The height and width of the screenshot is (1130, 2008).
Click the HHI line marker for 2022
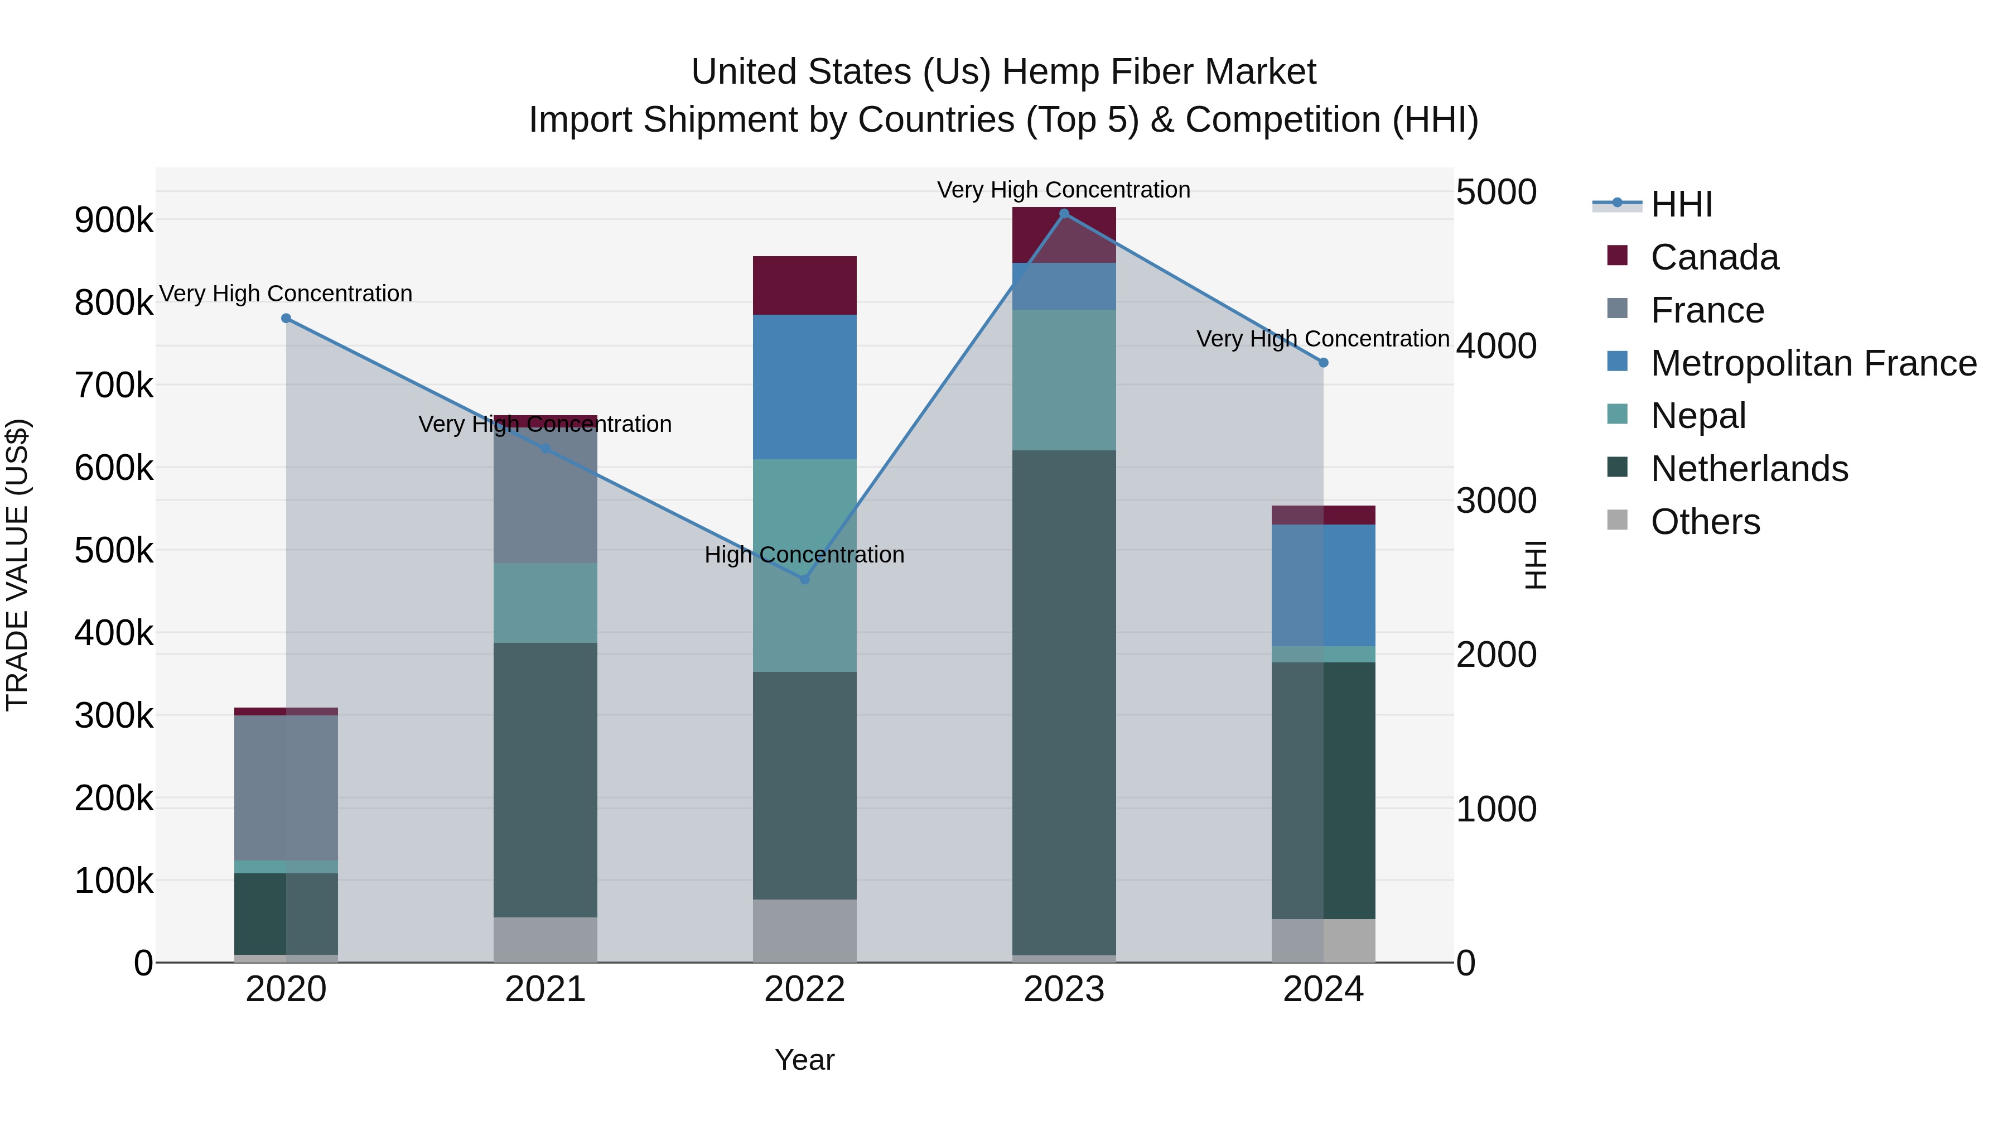(x=804, y=579)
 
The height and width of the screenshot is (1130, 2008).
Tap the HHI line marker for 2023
(x=1064, y=214)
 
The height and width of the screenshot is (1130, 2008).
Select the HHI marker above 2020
(x=286, y=318)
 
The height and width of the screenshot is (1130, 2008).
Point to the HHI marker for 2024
(x=1323, y=363)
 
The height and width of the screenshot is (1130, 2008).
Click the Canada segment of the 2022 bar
(x=804, y=285)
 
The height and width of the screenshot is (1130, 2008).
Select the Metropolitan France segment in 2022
(x=804, y=387)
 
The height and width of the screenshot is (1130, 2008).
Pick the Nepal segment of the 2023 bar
(x=1064, y=380)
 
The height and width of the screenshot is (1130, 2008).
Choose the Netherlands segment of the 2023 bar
(x=1064, y=702)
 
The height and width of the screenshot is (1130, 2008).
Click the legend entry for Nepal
(x=1698, y=416)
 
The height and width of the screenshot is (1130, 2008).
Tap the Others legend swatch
(x=1618, y=520)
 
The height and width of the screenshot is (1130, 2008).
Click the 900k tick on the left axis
(x=114, y=220)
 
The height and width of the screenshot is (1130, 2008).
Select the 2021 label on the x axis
(x=545, y=989)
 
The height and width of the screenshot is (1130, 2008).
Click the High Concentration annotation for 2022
(x=804, y=555)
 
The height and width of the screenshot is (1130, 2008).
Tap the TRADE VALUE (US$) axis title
(x=17, y=565)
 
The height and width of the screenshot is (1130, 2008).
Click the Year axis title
(x=804, y=1060)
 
